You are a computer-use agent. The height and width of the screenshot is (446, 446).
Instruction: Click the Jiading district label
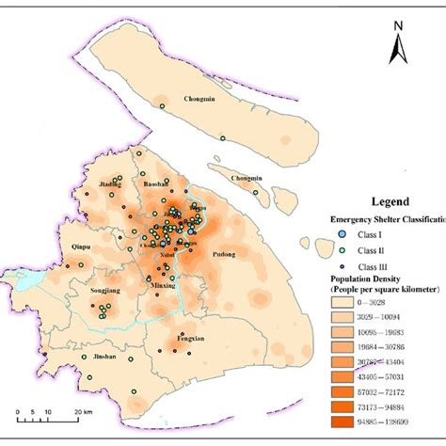tap(112, 184)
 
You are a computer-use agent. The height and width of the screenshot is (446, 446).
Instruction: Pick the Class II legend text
tap(365, 248)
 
